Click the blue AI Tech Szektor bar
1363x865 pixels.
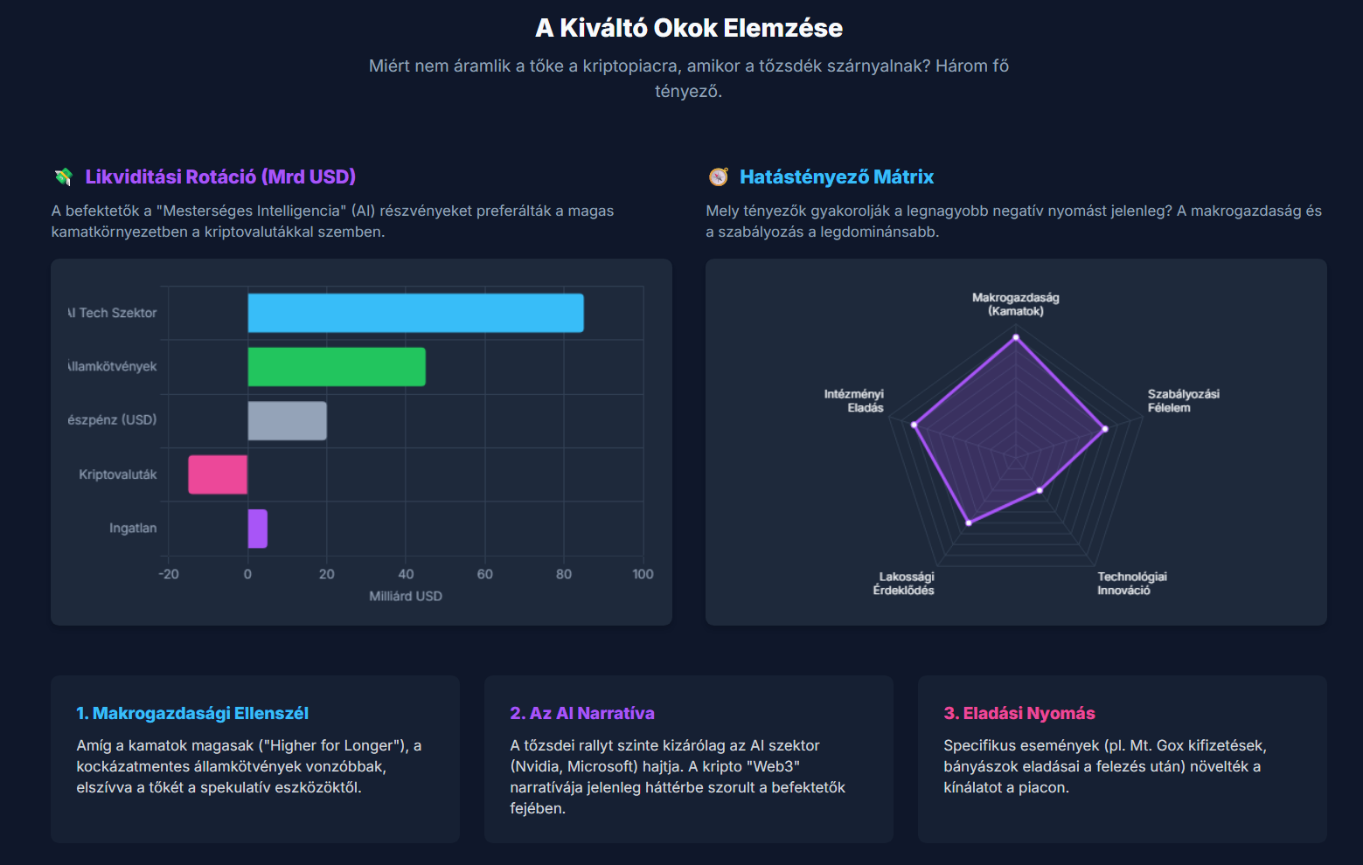tap(415, 313)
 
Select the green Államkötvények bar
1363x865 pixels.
tap(337, 367)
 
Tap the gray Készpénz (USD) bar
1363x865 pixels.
tap(287, 421)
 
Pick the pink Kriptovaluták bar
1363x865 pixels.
tap(218, 474)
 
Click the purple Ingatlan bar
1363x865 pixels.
tap(257, 529)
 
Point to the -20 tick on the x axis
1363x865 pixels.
tap(169, 574)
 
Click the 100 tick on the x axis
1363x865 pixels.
tap(643, 574)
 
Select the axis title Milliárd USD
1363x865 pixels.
tap(406, 596)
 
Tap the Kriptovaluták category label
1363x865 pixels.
tap(118, 474)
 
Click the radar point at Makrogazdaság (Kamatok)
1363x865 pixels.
tap(1016, 336)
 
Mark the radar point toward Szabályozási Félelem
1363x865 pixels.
tap(1105, 429)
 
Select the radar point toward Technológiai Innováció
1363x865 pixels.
tap(1040, 490)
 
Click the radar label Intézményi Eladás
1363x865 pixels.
tap(854, 401)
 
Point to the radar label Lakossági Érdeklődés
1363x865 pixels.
tap(905, 584)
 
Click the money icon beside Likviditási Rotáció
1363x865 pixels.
tap(63, 177)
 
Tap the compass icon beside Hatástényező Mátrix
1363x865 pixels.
tap(718, 177)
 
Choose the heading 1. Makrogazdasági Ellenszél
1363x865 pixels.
tap(192, 713)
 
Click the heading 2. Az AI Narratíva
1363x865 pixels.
tap(582, 713)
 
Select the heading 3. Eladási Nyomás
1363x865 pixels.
tap(1019, 713)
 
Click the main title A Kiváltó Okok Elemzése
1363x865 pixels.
tap(689, 28)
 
